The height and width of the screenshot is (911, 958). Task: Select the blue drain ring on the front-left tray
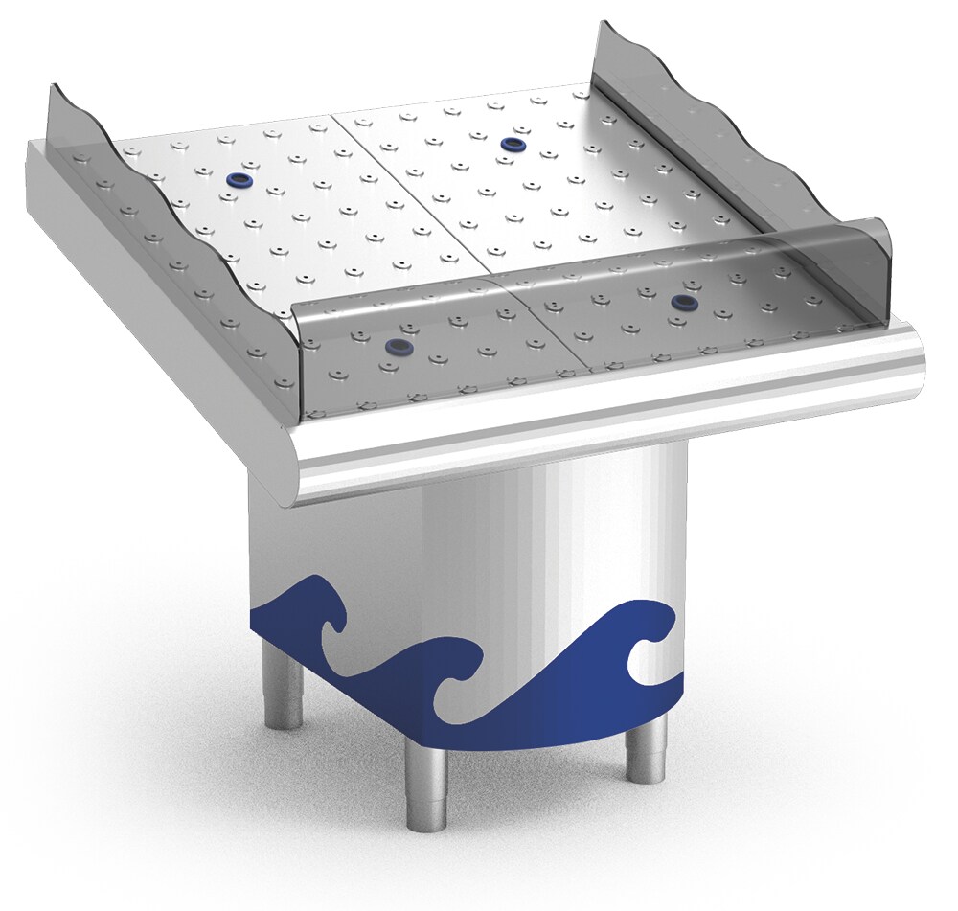[x=394, y=348]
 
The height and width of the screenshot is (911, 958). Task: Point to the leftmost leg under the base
[x=284, y=684]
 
